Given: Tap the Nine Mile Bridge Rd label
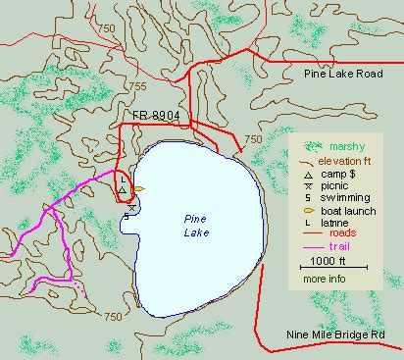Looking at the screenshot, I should point(343,334).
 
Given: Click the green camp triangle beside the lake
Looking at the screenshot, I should point(122,190).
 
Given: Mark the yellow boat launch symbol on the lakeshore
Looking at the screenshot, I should point(139,188).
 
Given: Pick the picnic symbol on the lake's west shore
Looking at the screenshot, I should point(131,207).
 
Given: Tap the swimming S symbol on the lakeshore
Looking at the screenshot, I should point(126,216).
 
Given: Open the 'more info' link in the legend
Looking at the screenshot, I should point(324,280).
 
